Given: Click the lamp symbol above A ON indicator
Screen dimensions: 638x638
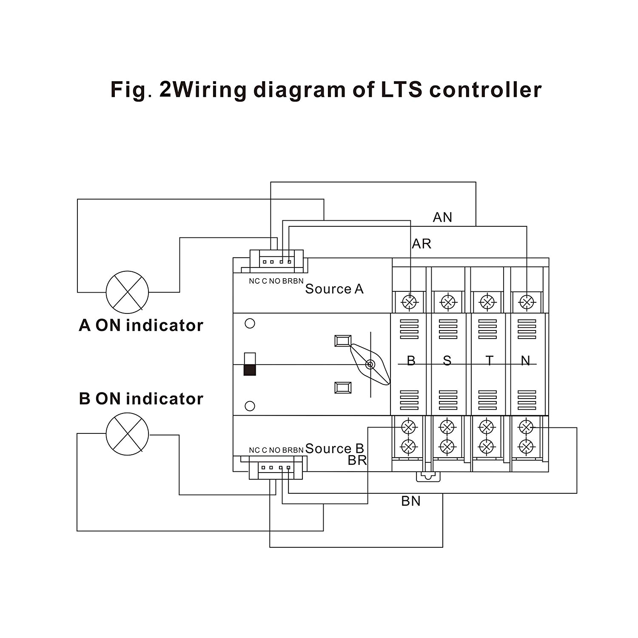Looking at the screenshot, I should tap(127, 292).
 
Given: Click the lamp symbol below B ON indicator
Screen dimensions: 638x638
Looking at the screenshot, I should tap(127, 434).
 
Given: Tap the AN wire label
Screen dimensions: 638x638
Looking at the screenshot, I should tap(442, 217).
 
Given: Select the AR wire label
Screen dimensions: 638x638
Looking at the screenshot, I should tap(422, 244).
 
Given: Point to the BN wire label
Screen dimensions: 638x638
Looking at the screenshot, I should tap(411, 501).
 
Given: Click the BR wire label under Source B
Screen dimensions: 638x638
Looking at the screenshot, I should tap(357, 460).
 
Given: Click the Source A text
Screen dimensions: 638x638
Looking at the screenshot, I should tap(334, 289).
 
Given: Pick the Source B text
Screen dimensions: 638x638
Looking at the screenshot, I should tap(334, 448).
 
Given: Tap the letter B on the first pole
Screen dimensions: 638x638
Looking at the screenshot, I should tap(411, 361).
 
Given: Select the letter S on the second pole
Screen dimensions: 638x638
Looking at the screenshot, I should tap(447, 361).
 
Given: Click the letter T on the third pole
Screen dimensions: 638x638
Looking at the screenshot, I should tap(490, 361).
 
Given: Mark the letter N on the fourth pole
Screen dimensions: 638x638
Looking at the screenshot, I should tap(526, 361).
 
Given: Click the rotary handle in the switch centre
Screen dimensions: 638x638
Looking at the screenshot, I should tap(370, 365).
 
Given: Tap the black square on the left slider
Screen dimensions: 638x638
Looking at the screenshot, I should tap(250, 370).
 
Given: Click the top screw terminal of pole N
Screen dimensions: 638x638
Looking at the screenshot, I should tap(527, 302).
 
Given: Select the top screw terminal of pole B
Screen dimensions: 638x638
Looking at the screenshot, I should tap(410, 302).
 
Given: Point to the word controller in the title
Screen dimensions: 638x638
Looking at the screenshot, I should tap(485, 90).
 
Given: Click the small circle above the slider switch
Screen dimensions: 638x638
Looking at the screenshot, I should tap(250, 324).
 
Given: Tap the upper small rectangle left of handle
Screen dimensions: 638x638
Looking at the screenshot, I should tap(343, 341).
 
